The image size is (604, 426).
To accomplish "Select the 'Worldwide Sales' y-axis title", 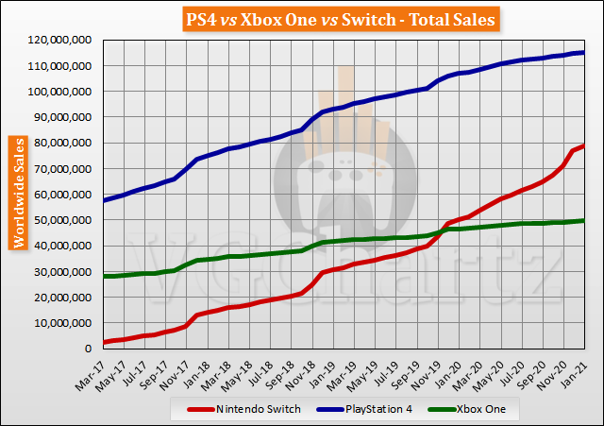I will [x=18, y=192].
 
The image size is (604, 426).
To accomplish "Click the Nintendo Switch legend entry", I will [x=251, y=409].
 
